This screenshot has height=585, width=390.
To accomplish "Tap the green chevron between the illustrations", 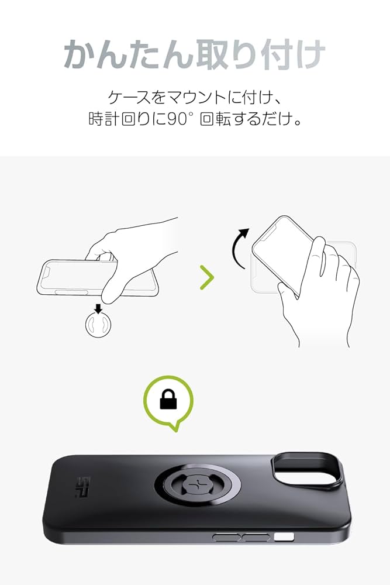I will click(207, 278).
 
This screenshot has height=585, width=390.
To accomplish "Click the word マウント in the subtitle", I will click(199, 95).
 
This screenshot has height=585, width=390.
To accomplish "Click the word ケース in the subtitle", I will click(128, 95).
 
